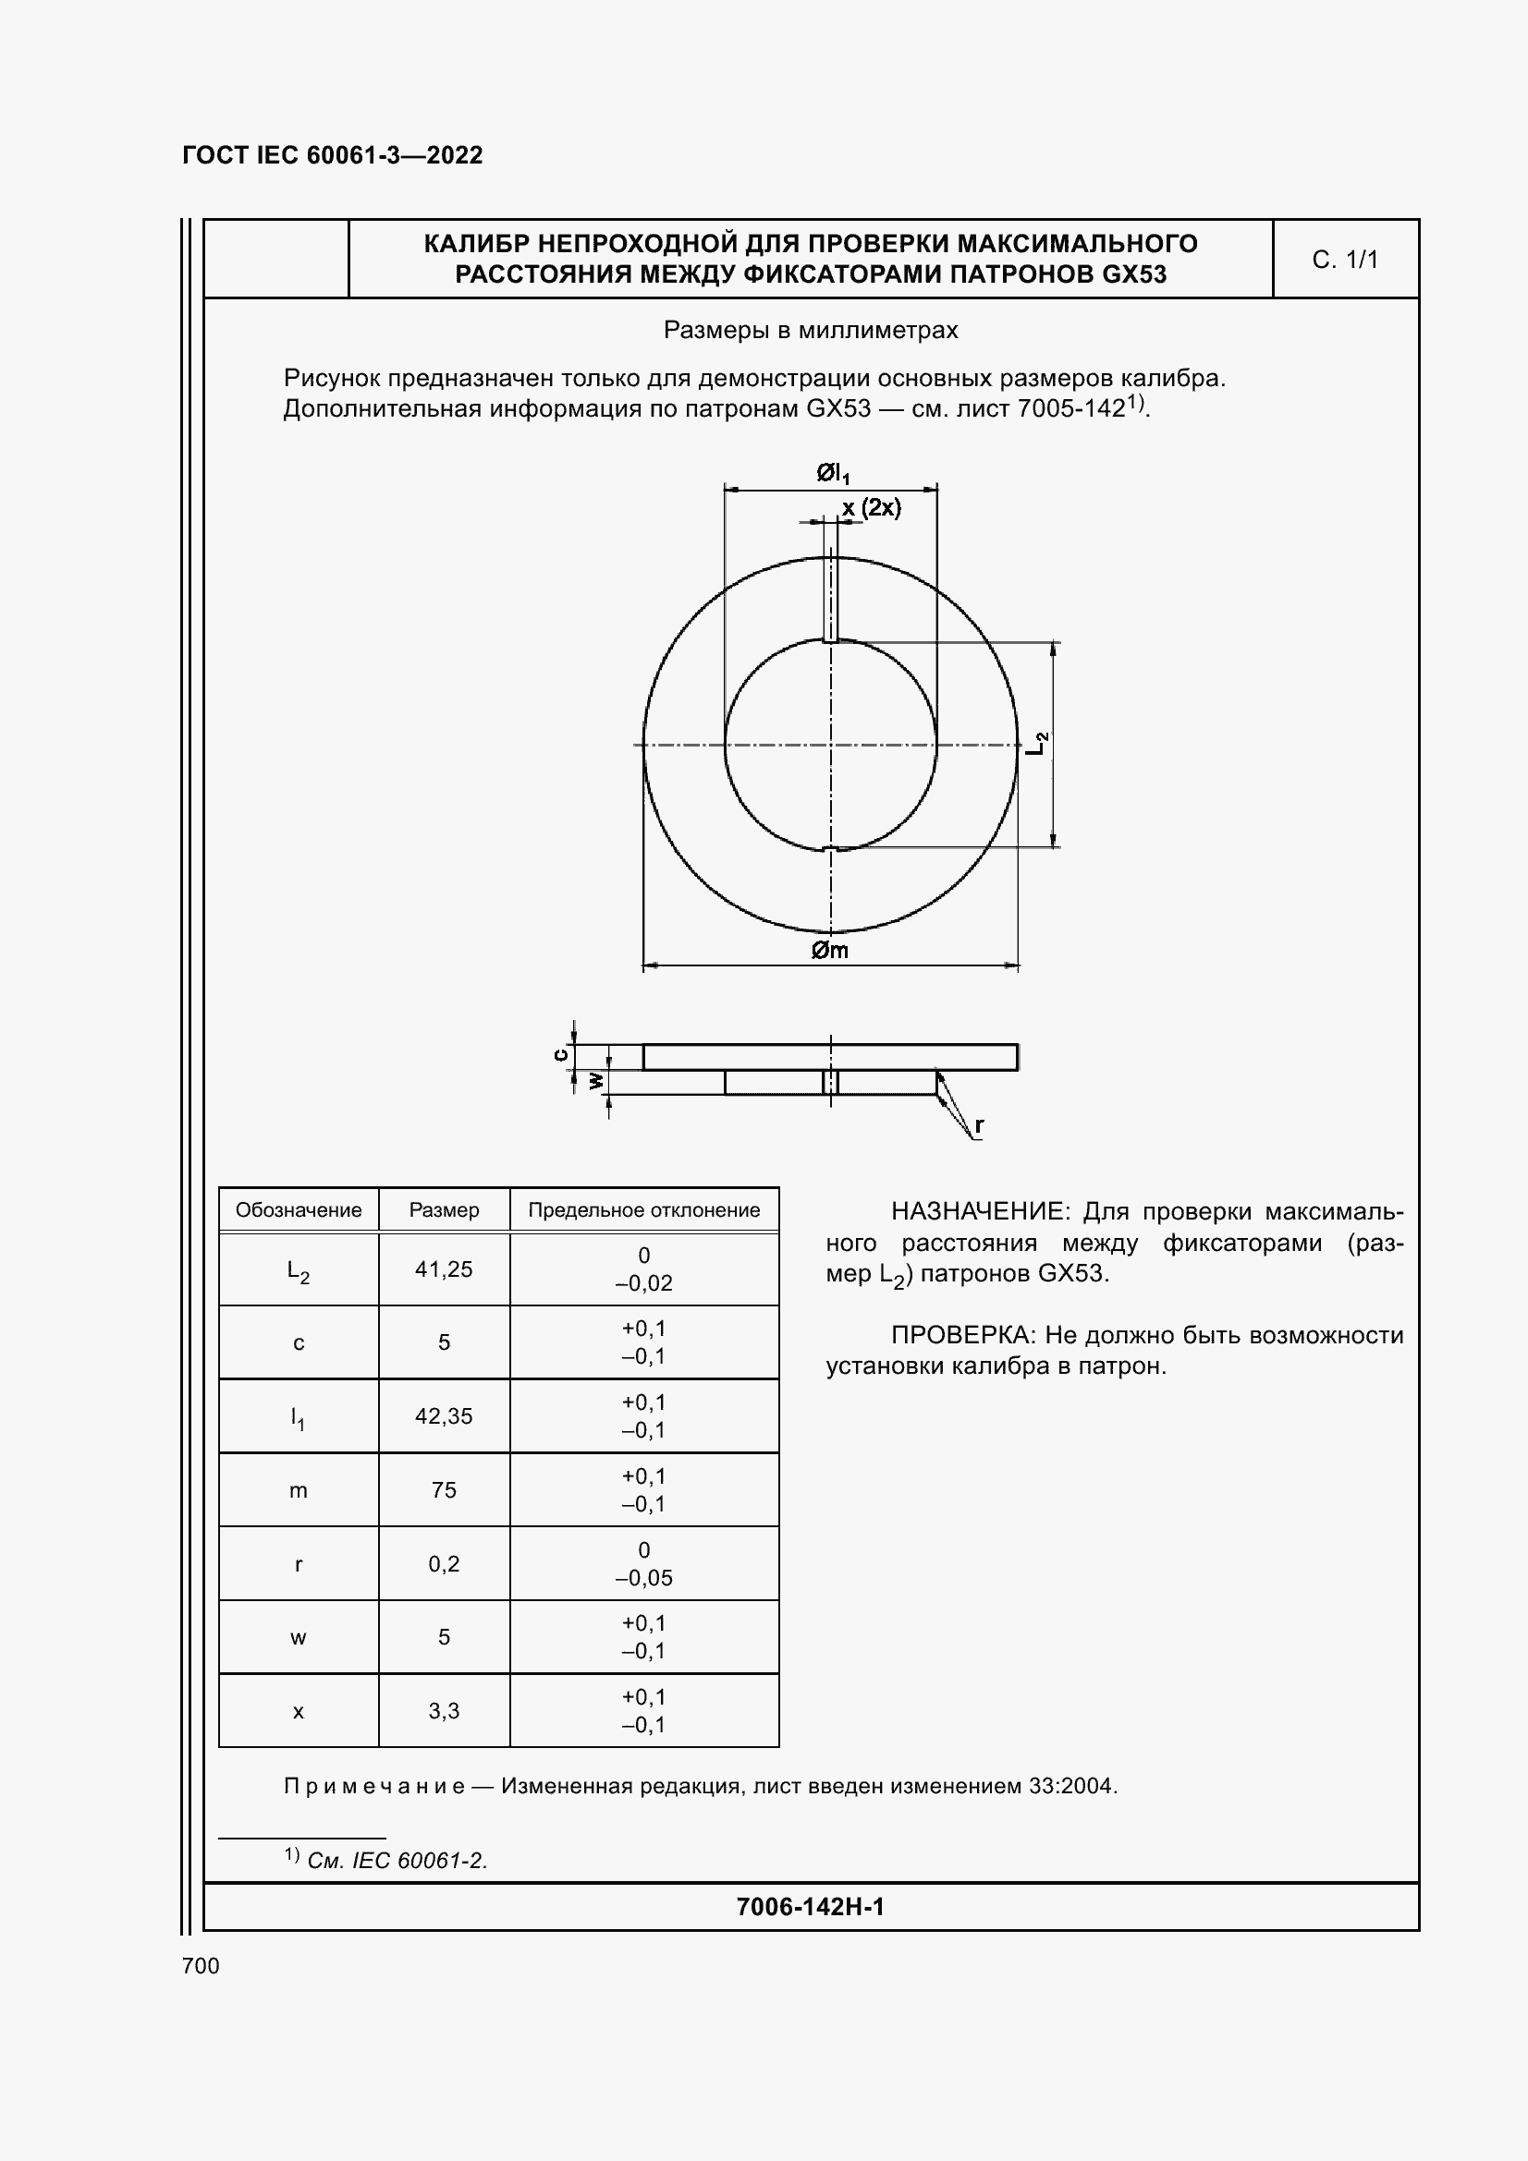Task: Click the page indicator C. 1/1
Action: tap(1344, 260)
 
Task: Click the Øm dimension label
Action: tap(829, 951)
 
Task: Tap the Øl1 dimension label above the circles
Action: tap(832, 473)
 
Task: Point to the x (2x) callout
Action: tap(871, 508)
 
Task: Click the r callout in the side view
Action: tap(979, 1124)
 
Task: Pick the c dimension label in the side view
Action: tap(561, 1055)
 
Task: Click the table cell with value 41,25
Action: tap(444, 1269)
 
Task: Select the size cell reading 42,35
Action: tap(444, 1415)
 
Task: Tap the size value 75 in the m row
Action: tap(444, 1490)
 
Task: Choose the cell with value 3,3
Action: tap(444, 1710)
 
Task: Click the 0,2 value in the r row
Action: tap(444, 1563)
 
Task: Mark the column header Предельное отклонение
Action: tap(644, 1210)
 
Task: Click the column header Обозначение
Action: tap(299, 1210)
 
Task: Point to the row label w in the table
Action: tap(299, 1638)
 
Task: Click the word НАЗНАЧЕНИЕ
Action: tap(979, 1211)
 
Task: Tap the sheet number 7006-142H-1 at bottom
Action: tap(810, 1906)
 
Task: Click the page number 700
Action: tap(201, 1965)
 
